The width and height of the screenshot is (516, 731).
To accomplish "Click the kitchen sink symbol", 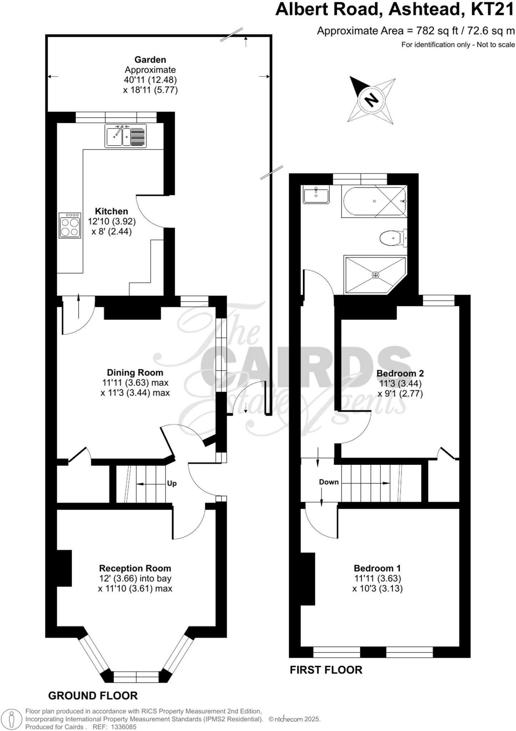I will point(125,136).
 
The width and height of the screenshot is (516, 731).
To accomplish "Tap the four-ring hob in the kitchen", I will point(70,226).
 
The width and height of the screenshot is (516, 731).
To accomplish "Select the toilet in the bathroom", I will point(393,238).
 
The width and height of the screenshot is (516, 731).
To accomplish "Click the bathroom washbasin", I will point(316,195).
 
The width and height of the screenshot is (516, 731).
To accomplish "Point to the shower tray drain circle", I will point(375,275).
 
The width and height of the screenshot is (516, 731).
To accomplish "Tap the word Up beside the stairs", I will point(172,484).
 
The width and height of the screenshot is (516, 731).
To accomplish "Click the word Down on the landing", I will point(329,482).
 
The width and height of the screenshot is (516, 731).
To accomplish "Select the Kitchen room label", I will point(111,211).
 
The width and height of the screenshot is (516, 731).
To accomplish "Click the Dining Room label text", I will point(135,373).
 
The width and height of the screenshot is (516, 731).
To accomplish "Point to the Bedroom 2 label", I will point(400,373).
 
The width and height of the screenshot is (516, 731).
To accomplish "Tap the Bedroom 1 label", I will point(377,568).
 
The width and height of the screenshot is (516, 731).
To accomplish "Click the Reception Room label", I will point(135,568).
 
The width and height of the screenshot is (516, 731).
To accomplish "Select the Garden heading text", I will point(150,60).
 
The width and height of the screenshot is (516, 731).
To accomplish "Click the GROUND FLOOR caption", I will point(93,696).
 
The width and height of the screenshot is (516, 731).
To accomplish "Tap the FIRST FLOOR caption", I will point(326,670).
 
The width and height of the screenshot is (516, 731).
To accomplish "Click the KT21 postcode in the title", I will point(492,10).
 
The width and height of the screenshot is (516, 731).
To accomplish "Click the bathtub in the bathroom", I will point(374,202).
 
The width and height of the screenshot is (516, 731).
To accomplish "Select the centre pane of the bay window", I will point(136,677).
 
